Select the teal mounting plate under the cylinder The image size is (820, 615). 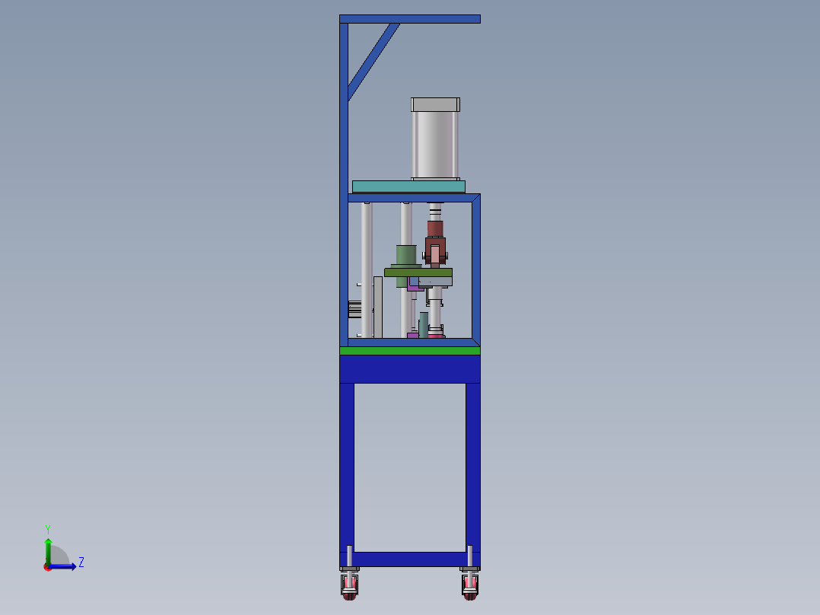(x=408, y=186)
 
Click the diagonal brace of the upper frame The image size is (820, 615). (x=374, y=61)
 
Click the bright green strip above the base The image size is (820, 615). (x=410, y=351)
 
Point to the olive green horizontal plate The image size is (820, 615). (x=418, y=272)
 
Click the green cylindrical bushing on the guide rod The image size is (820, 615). (x=406, y=255)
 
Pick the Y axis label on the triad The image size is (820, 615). (x=48, y=529)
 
